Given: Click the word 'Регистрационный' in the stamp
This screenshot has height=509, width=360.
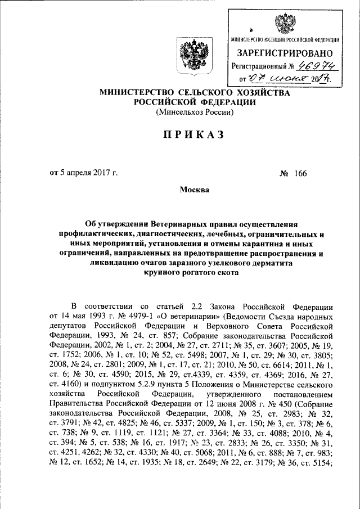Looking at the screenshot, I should tap(259, 67).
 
